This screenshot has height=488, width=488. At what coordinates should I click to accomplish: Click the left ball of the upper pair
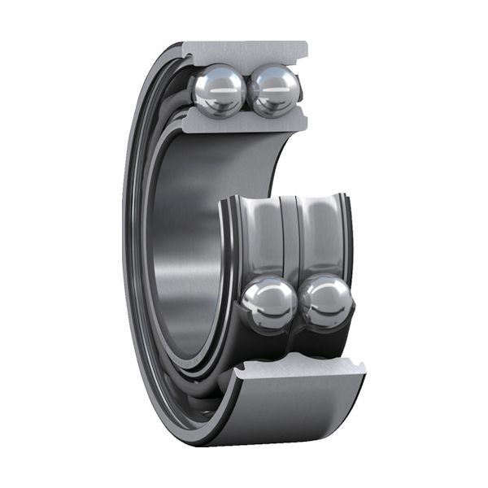click(217, 89)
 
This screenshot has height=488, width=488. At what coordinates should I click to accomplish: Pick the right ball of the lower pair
click(327, 302)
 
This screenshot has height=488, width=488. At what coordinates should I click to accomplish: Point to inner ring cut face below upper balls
click(244, 123)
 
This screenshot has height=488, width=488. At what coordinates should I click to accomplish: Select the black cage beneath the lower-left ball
click(264, 342)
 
